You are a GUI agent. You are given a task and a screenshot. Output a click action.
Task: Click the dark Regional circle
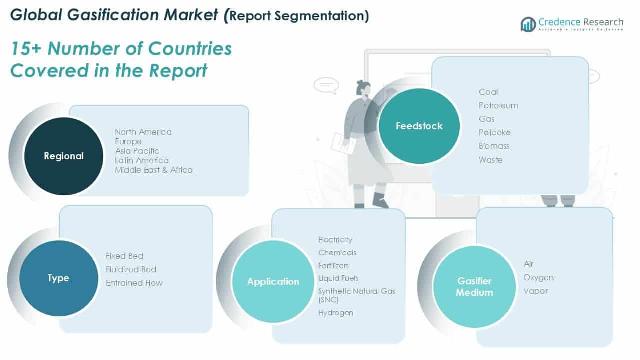tap(63, 156)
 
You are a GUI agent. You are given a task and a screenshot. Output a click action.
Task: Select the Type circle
tap(58, 278)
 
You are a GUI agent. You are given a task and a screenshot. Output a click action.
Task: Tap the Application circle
tap(273, 281)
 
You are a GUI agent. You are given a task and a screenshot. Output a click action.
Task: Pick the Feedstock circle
tap(419, 126)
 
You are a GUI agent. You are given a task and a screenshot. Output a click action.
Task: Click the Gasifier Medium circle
tap(474, 287)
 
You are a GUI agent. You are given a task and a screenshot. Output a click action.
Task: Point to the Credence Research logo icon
tap(528, 24)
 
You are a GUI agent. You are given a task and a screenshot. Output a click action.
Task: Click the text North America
tap(143, 132)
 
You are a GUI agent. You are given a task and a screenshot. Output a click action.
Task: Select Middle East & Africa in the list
tap(153, 170)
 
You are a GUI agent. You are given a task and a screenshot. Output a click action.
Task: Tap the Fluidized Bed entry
tap(131, 269)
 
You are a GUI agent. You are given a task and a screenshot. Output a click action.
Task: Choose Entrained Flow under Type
tap(134, 283)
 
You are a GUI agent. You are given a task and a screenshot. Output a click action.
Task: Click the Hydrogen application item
tap(335, 313)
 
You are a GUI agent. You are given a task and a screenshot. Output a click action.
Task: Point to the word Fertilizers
tap(333, 265)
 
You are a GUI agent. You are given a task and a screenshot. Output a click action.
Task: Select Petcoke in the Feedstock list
tap(494, 132)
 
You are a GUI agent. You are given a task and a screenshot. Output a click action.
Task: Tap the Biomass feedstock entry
tap(494, 146)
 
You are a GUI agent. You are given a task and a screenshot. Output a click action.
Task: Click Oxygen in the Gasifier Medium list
tap(538, 277)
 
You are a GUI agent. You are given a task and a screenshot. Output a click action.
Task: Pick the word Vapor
tap(535, 291)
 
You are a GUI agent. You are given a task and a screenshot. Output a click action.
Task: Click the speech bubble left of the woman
tap(326, 85)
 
